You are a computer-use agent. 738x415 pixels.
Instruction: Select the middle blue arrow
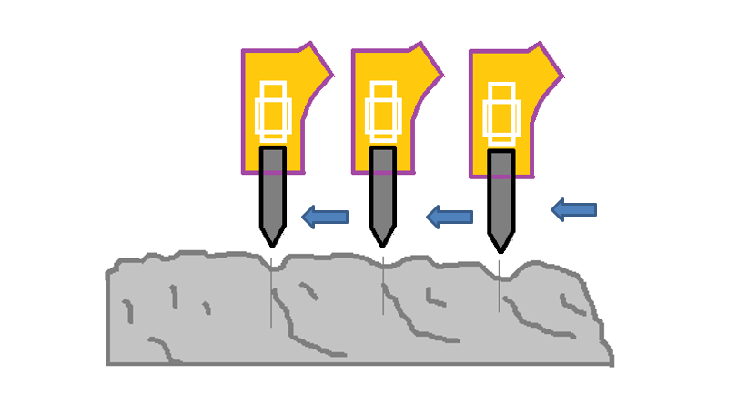450,217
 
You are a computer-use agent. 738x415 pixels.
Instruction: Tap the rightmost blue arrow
573,210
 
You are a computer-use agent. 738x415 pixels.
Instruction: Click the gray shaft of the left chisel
271,191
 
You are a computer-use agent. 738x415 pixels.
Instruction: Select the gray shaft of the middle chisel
383,191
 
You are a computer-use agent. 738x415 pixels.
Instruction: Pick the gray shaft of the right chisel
500,196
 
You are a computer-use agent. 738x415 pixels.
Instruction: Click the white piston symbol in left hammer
272,112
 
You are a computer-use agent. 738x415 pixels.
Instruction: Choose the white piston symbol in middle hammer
383,112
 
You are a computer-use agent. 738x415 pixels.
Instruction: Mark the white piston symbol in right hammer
500,113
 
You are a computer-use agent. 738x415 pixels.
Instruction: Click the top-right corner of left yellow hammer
312,43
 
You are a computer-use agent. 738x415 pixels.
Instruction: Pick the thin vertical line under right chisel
500,287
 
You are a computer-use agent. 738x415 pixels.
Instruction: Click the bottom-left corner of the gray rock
108,364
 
